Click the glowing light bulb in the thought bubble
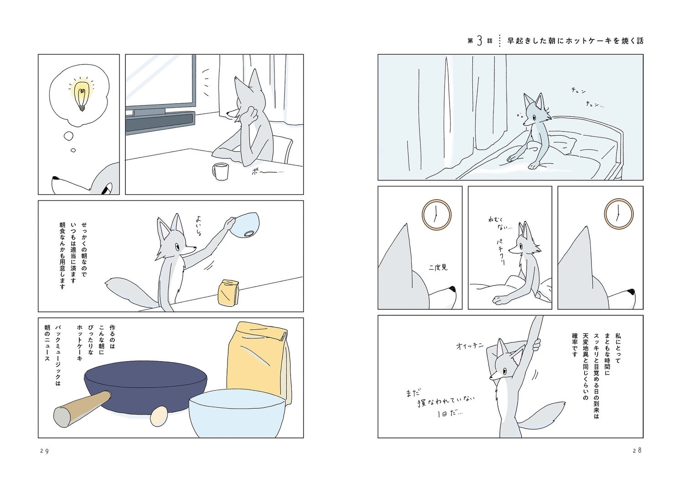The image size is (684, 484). pyautogui.click(x=82, y=95)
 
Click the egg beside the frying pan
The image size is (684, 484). pyautogui.click(x=159, y=416)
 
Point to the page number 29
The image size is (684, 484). pyautogui.click(x=45, y=451)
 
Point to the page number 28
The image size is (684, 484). pyautogui.click(x=637, y=450)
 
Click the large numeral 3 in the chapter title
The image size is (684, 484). pyautogui.click(x=479, y=41)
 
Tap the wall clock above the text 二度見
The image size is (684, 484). pyautogui.click(x=436, y=215)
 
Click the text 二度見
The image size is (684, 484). pyautogui.click(x=438, y=268)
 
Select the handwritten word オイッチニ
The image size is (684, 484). pyautogui.click(x=470, y=346)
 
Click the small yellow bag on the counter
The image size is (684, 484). pyautogui.click(x=229, y=292)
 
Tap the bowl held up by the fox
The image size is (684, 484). pyautogui.click(x=244, y=224)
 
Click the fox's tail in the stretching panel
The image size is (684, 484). pyautogui.click(x=540, y=416)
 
